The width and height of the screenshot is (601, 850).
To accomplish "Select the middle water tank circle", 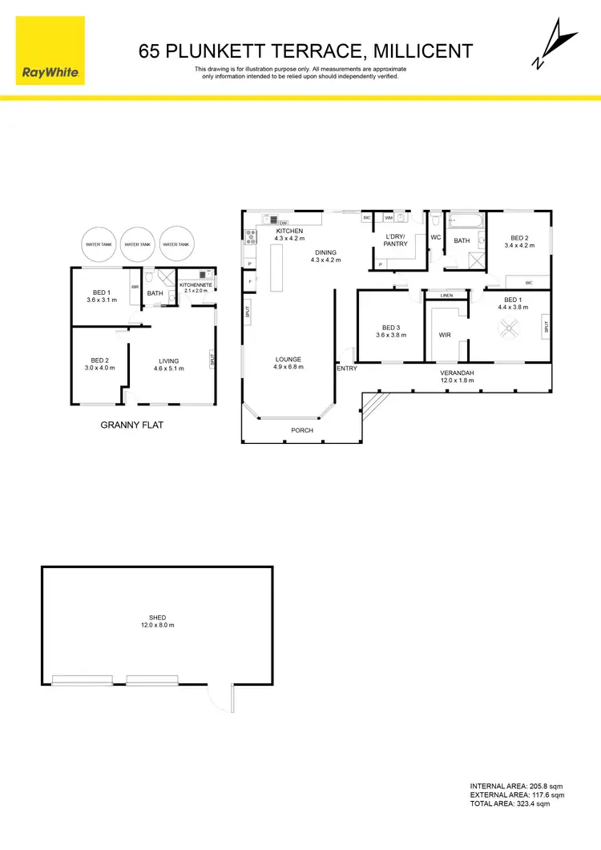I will click(138, 244).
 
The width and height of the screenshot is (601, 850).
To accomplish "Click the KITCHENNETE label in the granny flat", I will click(196, 285).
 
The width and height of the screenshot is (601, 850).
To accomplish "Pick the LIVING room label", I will click(168, 361).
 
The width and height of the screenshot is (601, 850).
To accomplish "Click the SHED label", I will click(157, 618).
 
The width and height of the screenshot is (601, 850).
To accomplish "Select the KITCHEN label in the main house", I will click(290, 231).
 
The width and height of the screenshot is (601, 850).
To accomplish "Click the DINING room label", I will click(326, 252).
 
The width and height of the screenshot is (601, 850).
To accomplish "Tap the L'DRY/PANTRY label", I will click(397, 240).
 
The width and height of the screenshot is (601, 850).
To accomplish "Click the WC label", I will click(436, 238).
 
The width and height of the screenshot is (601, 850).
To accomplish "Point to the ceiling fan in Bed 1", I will click(510, 328).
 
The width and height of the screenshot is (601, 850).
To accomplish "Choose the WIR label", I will click(446, 336).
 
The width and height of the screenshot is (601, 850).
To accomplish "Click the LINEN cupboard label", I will click(446, 296).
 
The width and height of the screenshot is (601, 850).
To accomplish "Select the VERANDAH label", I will click(457, 373).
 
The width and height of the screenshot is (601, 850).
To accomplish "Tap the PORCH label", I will click(302, 431).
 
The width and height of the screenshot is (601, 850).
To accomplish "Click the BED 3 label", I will click(391, 328).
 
